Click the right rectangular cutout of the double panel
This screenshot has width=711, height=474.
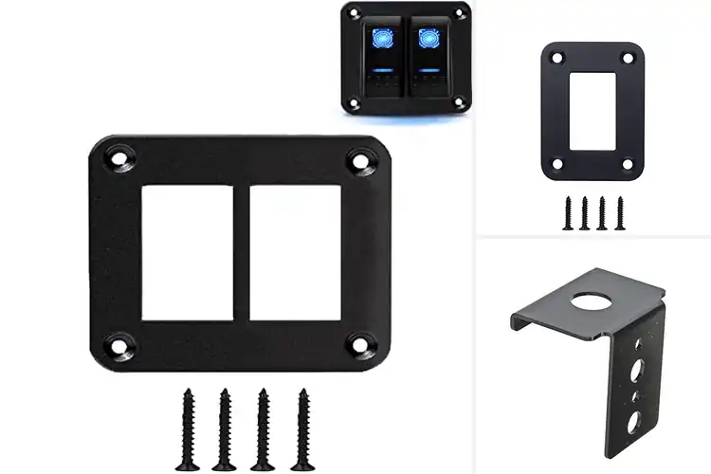294,251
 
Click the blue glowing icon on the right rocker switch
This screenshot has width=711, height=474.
427,40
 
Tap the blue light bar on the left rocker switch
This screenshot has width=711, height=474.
385,70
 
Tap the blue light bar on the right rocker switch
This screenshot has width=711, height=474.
427,70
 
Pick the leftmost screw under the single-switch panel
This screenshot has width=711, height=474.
569,213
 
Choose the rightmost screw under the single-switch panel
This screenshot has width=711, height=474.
619,213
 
